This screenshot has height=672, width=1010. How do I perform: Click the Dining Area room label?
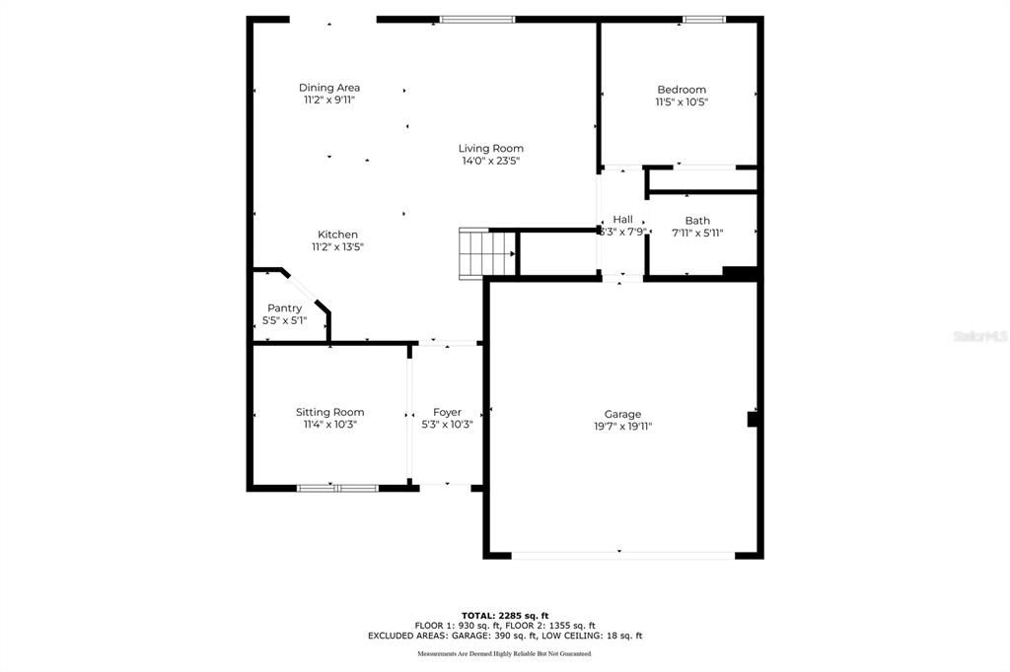[329, 88]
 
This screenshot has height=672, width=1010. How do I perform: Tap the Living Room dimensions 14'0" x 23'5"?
[490, 161]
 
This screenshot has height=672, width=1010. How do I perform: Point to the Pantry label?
[284, 308]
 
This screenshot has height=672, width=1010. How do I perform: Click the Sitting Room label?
[329, 412]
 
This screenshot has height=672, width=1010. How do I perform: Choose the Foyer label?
[447, 412]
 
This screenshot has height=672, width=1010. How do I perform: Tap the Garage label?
[622, 414]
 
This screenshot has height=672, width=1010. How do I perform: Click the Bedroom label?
[682, 90]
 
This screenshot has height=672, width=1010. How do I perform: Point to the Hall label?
[622, 219]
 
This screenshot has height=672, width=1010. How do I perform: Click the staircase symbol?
[488, 253]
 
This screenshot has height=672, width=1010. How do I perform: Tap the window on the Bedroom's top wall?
[704, 19]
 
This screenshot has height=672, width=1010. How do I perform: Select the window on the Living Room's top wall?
[477, 19]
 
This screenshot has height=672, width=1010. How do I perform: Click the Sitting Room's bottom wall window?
[337, 487]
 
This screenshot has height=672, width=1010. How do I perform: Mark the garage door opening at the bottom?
[622, 555]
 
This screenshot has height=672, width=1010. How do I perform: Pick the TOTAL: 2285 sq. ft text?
[504, 615]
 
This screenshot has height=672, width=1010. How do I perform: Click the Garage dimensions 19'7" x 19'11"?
[622, 427]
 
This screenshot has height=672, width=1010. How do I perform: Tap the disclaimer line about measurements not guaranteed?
[504, 653]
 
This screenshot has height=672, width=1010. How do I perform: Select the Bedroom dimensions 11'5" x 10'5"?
[682, 101]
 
